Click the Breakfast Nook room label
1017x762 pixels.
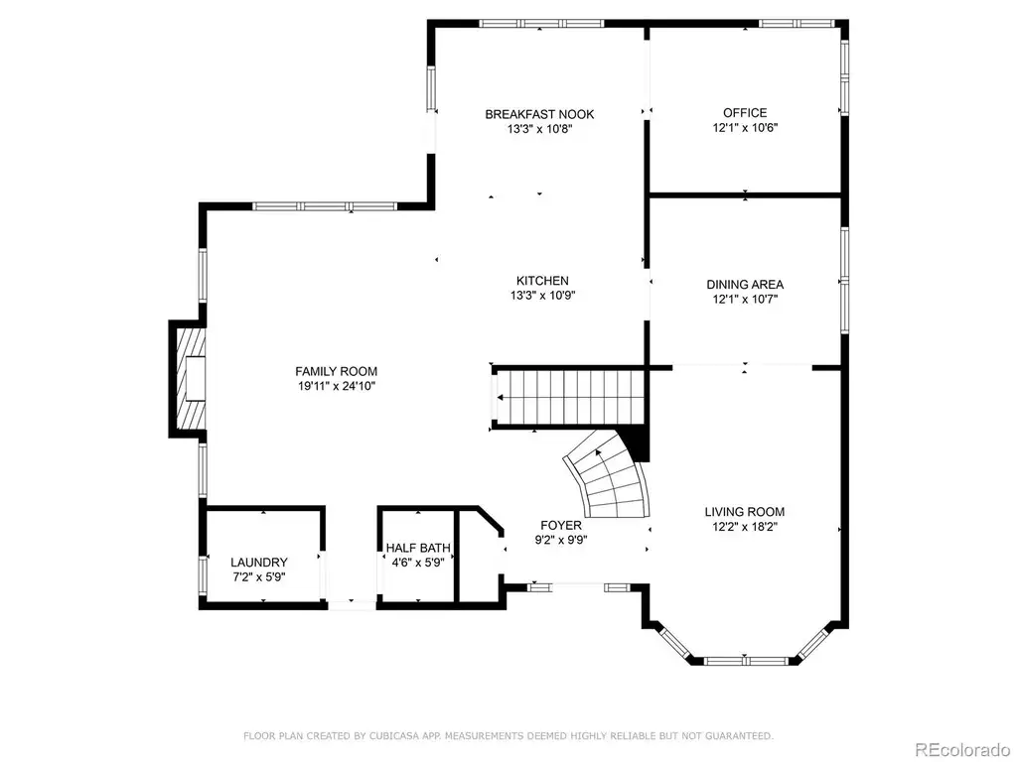click(x=539, y=115)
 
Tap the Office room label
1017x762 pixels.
click(x=745, y=113)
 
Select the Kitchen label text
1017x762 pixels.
click(x=542, y=281)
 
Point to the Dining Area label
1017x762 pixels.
click(x=745, y=285)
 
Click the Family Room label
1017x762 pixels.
click(x=336, y=371)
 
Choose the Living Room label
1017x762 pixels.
click(x=745, y=512)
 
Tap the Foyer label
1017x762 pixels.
click(x=561, y=526)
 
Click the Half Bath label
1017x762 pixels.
click(x=418, y=548)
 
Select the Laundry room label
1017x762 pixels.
click(x=259, y=563)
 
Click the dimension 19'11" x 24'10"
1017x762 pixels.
click(x=336, y=387)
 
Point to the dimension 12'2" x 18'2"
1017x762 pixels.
click(x=745, y=527)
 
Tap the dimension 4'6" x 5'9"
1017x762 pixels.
click(x=418, y=564)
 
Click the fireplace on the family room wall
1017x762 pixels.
click(x=189, y=378)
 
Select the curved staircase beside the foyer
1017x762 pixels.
click(x=607, y=475)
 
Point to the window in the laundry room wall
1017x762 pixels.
click(x=203, y=576)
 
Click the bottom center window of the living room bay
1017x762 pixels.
click(x=745, y=662)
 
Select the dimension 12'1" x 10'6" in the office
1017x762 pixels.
click(x=745, y=128)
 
